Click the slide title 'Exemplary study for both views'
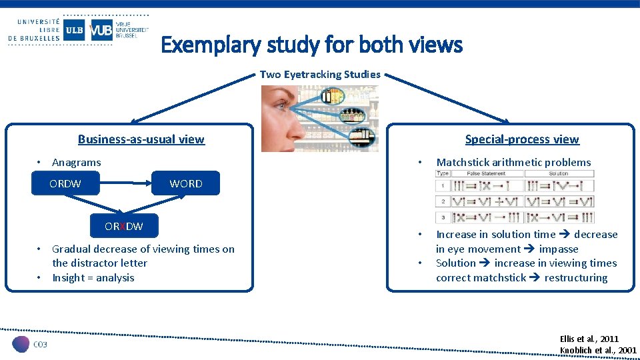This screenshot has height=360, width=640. coord(311,45)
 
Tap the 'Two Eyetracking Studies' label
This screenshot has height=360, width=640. coord(320,74)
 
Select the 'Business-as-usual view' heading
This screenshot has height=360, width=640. coord(141,139)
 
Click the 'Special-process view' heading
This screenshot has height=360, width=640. coord(522,139)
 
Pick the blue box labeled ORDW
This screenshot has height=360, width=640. coord(65,183)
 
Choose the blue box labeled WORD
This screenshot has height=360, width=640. coord(185,183)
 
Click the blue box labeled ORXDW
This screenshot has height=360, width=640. coord(123,226)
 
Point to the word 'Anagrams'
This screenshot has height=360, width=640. coord(77,162)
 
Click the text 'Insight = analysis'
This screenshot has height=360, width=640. coord(93,277)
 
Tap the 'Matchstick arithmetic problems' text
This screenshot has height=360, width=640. coord(513,162)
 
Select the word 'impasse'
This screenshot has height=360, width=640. coord(559,249)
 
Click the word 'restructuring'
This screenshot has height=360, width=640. coord(575,277)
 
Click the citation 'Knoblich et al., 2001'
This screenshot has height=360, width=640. coord(598,351)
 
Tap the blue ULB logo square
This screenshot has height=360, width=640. coord(74,30)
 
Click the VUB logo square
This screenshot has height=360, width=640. coord(101,30)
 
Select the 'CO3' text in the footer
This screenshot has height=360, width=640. coord(41,344)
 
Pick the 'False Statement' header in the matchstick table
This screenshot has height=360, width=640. coord(486,173)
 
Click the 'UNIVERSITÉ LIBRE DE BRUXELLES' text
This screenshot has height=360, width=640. coord(33,30)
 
